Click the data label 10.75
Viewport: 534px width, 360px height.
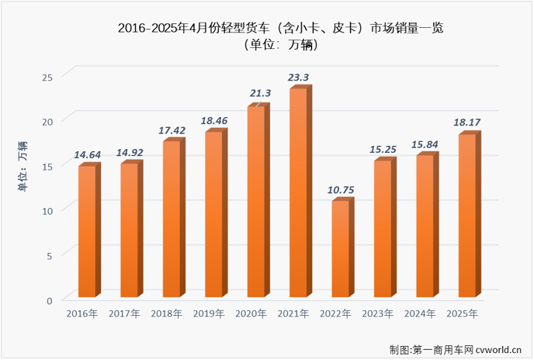(342, 189)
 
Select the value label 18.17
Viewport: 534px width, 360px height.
(468, 122)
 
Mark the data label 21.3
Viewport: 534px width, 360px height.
(259, 94)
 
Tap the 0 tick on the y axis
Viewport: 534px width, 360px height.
(49, 299)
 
